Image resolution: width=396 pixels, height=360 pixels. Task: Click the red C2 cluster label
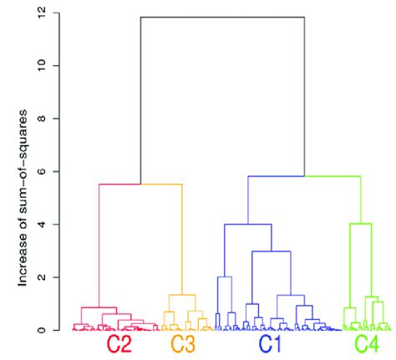[x=119, y=344]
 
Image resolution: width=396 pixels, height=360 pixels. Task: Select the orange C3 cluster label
[x=184, y=344]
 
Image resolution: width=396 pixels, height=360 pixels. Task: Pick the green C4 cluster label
[x=367, y=344]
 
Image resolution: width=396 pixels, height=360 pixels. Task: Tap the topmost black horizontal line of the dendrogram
[x=221, y=17]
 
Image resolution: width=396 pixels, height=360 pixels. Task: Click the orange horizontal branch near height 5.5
[x=161, y=184]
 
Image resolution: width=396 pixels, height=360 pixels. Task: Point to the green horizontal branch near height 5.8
[x=333, y=176]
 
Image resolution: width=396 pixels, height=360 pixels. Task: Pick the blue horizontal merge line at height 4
[x=247, y=224]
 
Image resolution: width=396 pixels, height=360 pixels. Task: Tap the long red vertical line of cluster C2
[x=99, y=242]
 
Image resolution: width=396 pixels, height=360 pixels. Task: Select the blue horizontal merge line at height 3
[x=271, y=251]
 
